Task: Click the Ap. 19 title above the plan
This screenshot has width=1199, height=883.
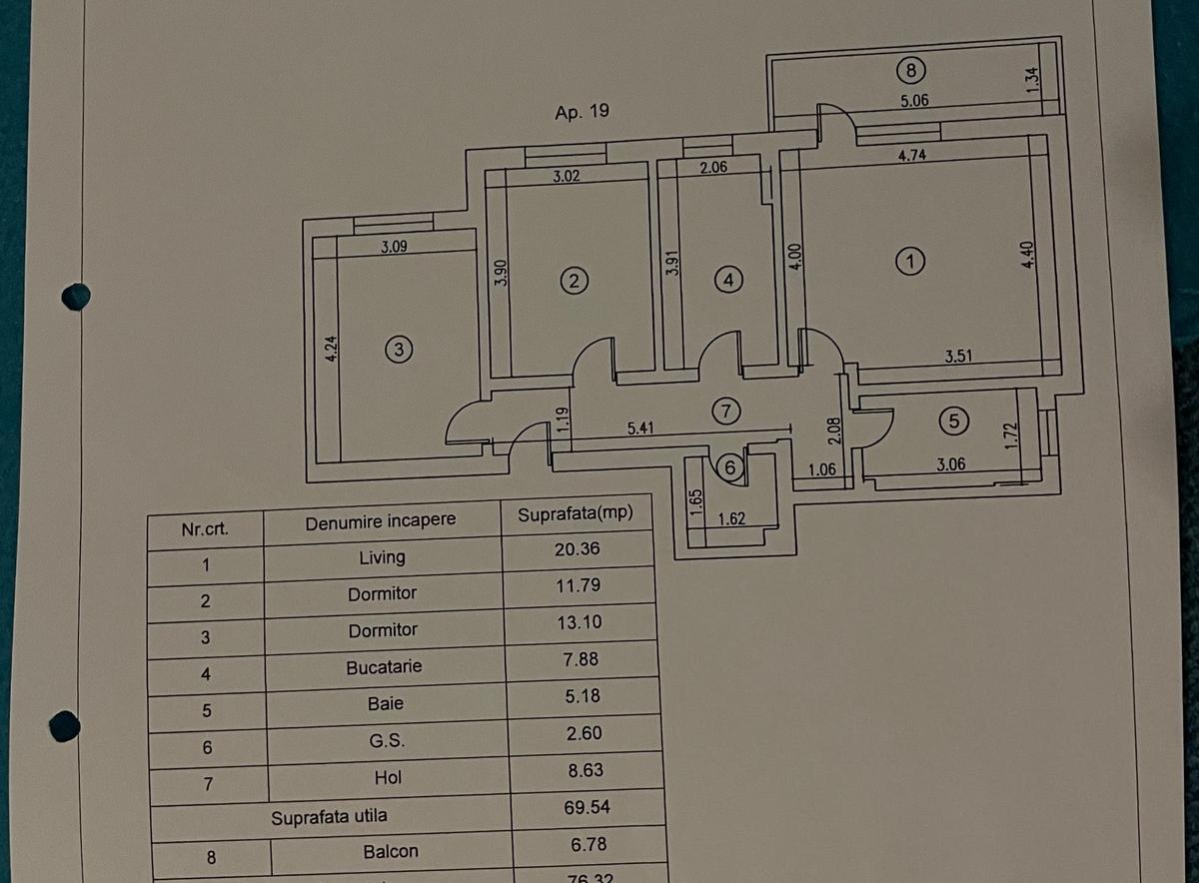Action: [582, 112]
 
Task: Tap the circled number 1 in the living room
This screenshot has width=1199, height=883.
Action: [908, 262]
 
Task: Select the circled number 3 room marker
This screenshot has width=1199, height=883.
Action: [398, 349]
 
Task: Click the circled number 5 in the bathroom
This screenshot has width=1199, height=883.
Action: [953, 422]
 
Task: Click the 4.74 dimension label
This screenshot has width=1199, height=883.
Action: [910, 155]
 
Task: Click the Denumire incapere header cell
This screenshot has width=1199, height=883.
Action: [381, 520]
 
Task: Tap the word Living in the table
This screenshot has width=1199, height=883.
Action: [383, 557]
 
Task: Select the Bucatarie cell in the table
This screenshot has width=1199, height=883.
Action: [384, 666]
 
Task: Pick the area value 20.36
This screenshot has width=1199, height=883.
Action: [579, 549]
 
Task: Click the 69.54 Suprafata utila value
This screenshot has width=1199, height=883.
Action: [582, 804]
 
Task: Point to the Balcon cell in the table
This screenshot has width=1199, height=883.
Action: [391, 852]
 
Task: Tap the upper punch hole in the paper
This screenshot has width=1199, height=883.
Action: [75, 297]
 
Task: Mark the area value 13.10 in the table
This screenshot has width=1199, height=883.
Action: [580, 621]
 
